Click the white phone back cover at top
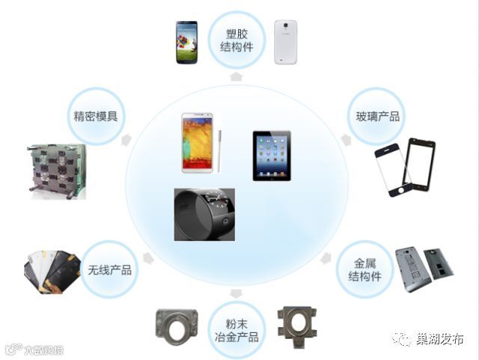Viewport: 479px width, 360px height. coord(285,41)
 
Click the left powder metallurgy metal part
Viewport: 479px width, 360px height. coord(177,330)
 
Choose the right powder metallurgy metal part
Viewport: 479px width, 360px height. coord(297,328)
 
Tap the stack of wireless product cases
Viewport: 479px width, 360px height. coord(51,269)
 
